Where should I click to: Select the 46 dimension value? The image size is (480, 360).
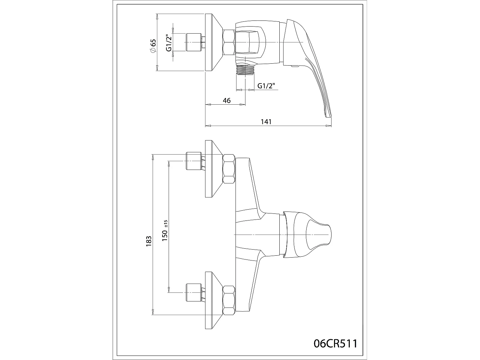[227, 100]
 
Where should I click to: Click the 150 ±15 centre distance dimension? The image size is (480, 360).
[165, 231]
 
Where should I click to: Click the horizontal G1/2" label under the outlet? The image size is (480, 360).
[266, 86]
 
